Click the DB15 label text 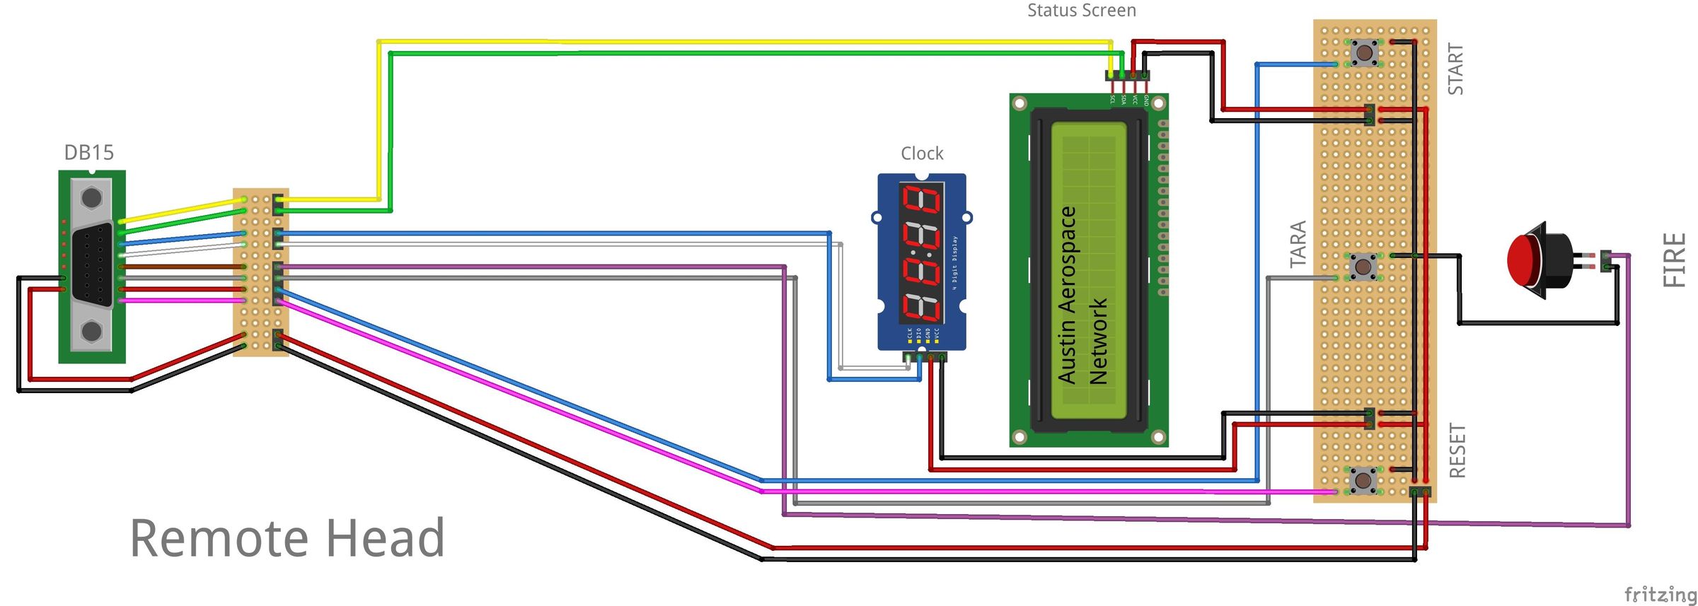(88, 152)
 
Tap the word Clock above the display (922, 153)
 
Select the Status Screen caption (1081, 11)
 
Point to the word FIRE (1674, 260)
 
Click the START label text (1455, 69)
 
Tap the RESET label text (1457, 450)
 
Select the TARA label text (1298, 244)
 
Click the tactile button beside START (1363, 52)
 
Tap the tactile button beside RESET (1362, 480)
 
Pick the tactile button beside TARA (1362, 267)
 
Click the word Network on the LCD (1098, 341)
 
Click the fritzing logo (1659, 594)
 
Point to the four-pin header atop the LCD (1127, 75)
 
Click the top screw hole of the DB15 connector (91, 197)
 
